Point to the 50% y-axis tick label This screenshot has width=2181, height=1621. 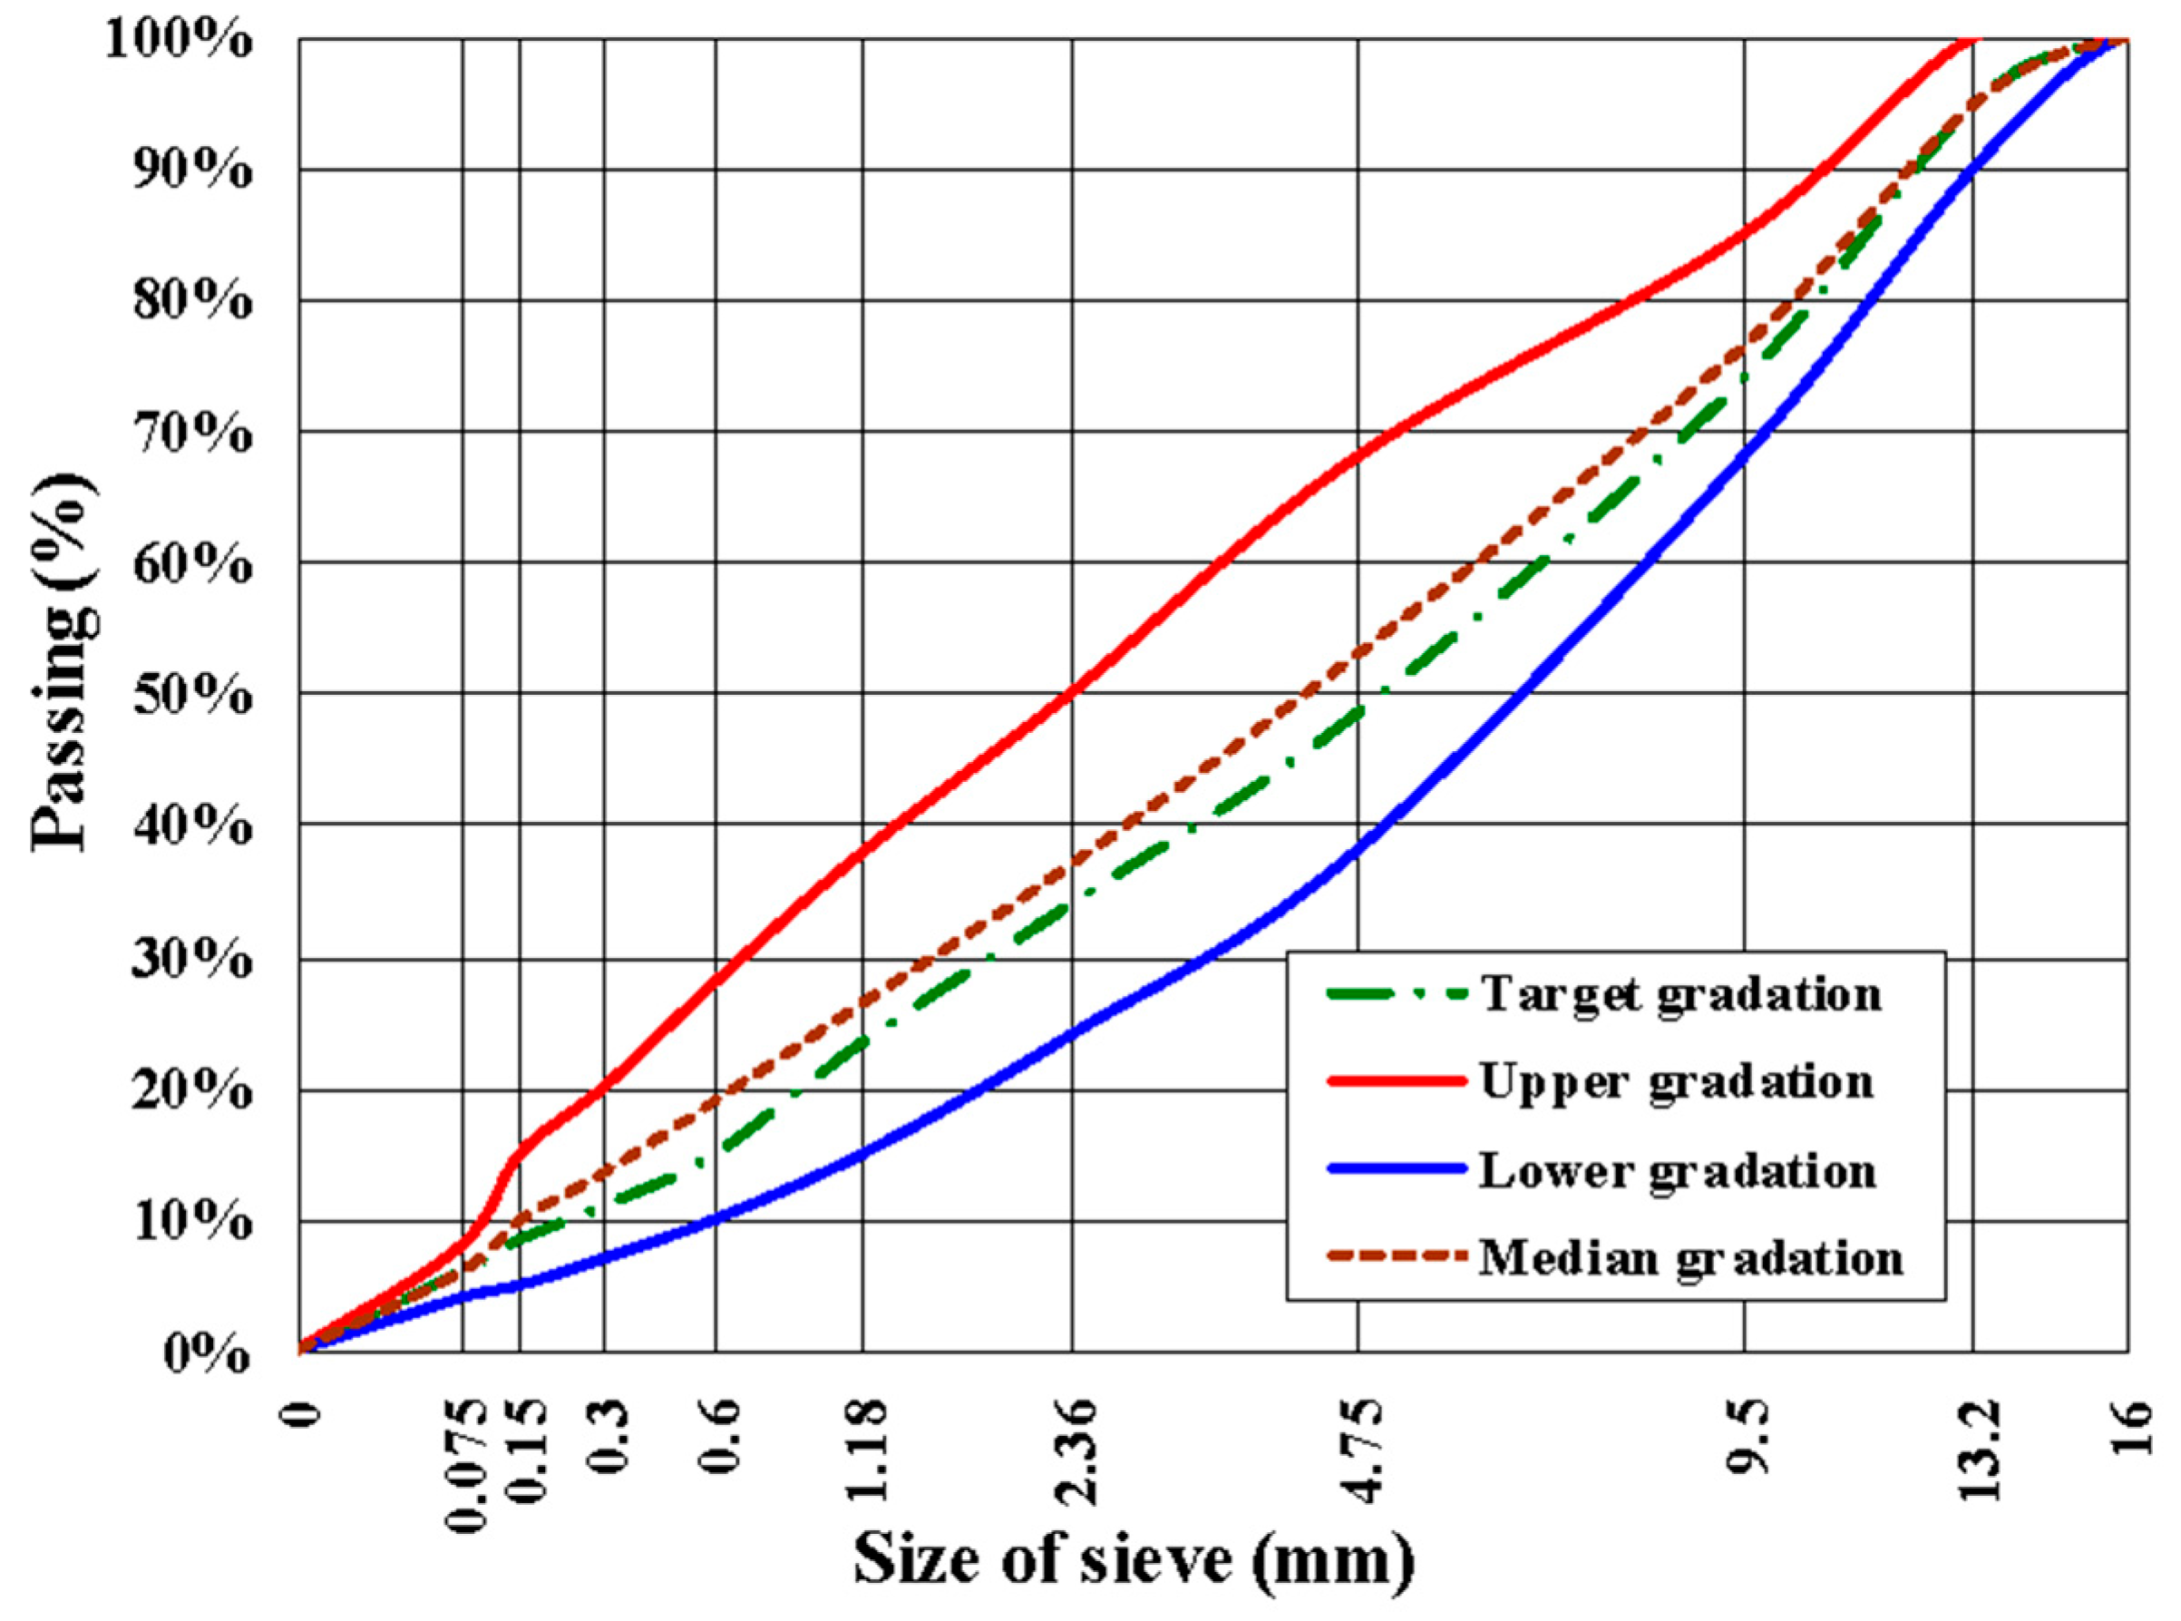tap(191, 696)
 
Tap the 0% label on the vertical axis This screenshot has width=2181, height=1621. tap(206, 1354)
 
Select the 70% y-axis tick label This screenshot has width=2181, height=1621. tap(191, 434)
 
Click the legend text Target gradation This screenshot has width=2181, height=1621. tap(1680, 994)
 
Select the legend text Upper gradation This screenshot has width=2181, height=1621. tap(1676, 1082)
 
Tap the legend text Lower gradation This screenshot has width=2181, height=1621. tap(1677, 1170)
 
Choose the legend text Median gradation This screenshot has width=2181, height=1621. tap(1690, 1258)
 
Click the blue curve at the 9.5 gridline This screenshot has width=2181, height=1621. tap(1746, 457)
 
